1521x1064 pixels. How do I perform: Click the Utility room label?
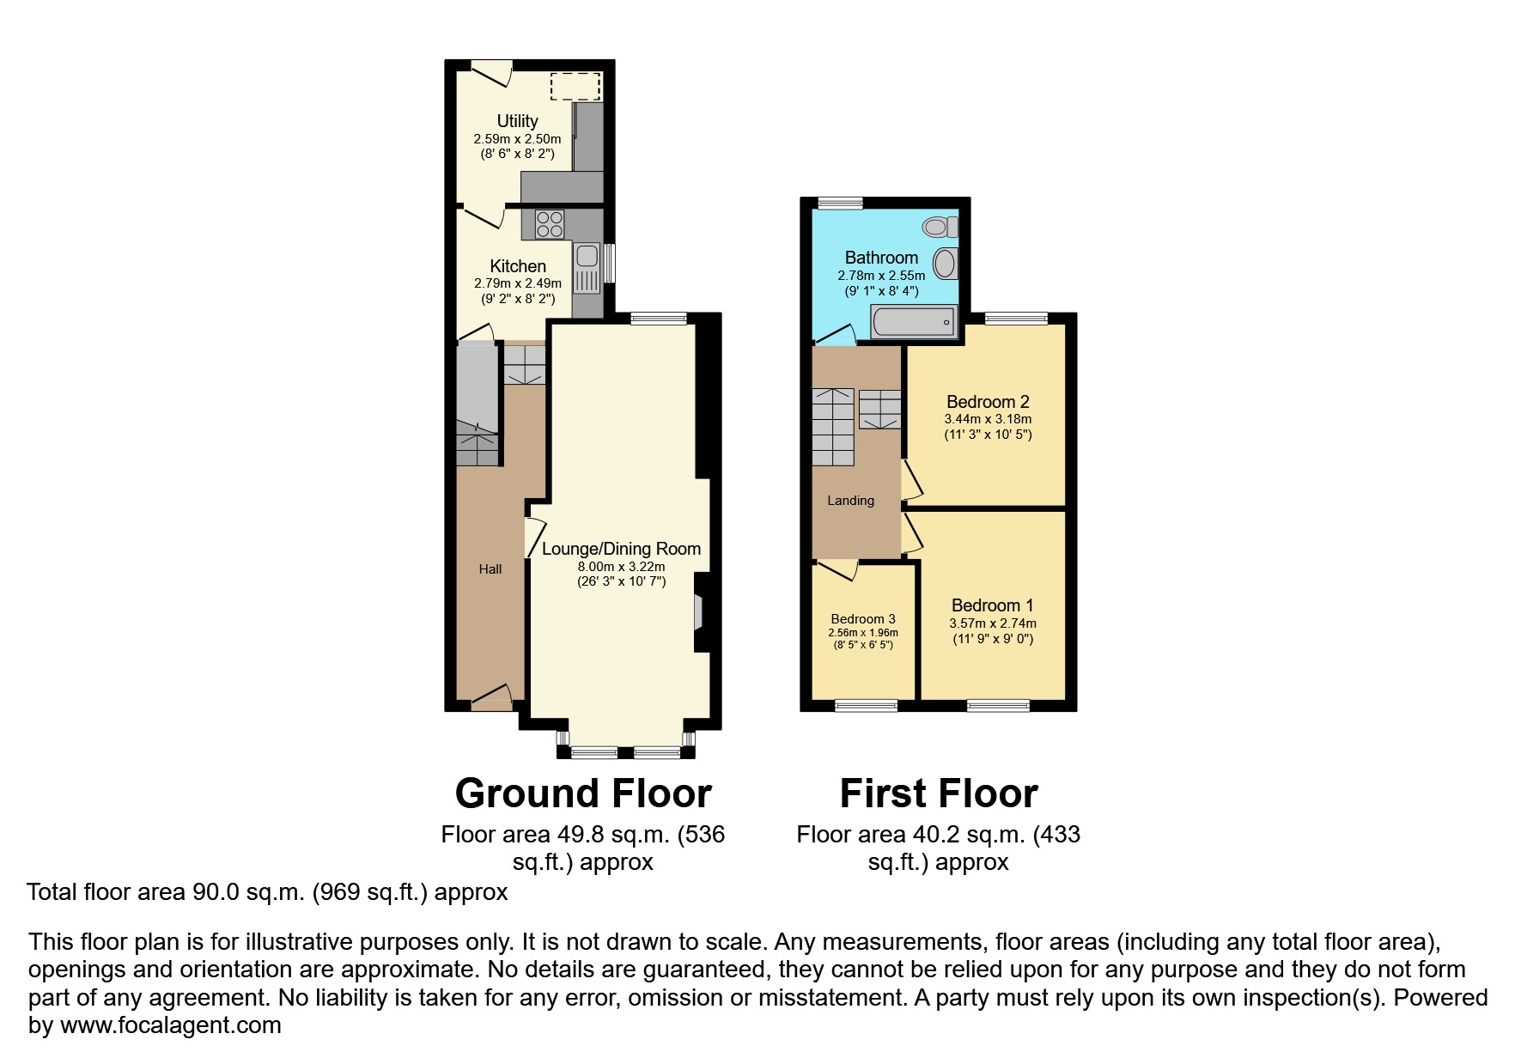pos(517,121)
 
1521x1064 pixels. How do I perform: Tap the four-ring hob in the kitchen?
pos(549,224)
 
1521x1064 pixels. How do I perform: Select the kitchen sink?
pos(587,256)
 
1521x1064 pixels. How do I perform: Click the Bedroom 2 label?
pos(988,402)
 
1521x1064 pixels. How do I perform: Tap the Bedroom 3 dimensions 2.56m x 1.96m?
pos(863,633)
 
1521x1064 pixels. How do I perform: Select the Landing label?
pos(850,501)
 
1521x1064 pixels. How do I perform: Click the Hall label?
pos(490,569)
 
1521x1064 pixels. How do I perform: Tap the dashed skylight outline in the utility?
pos(575,87)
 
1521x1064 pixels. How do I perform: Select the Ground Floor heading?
pos(583,793)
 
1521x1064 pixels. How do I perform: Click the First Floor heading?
pos(939,793)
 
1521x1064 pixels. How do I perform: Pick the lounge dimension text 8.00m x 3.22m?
pos(621,567)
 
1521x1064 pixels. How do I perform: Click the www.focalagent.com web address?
pos(170,1024)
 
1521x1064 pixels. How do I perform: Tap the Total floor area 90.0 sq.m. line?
pos(267,892)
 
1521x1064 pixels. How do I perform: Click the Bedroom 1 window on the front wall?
pos(998,706)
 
